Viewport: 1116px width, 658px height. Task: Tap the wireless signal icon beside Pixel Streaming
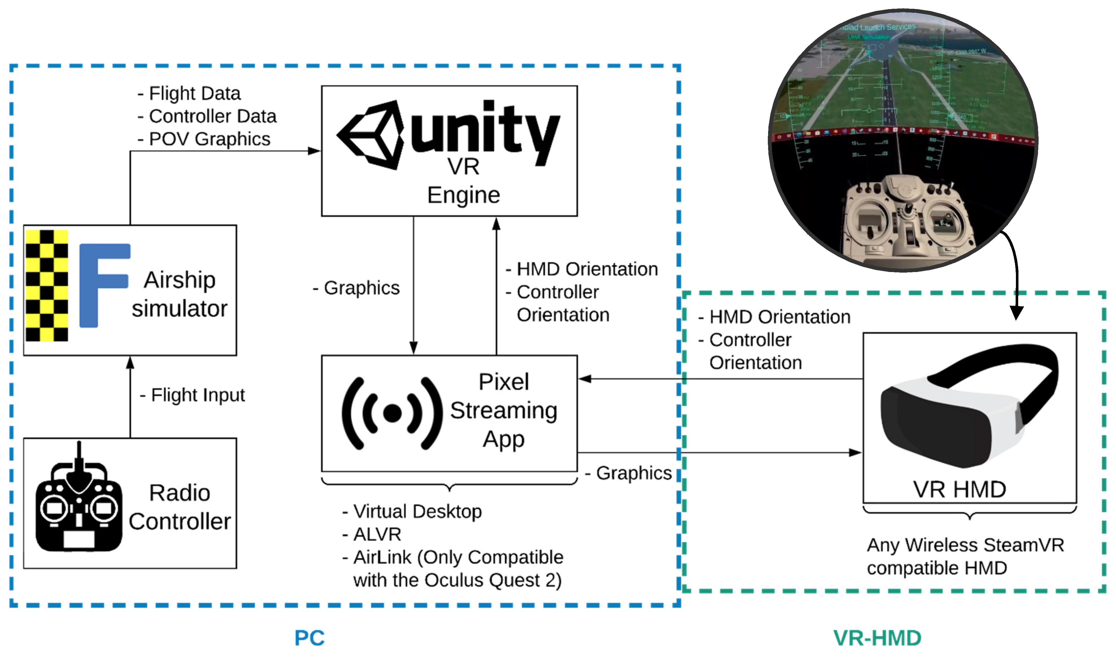coord(392,413)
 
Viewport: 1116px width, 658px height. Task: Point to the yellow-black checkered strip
coord(46,286)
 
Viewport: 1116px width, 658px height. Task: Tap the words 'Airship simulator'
coord(180,294)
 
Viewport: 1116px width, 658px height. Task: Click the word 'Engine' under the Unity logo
coord(464,195)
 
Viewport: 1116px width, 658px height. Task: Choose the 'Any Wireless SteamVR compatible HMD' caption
coord(965,557)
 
